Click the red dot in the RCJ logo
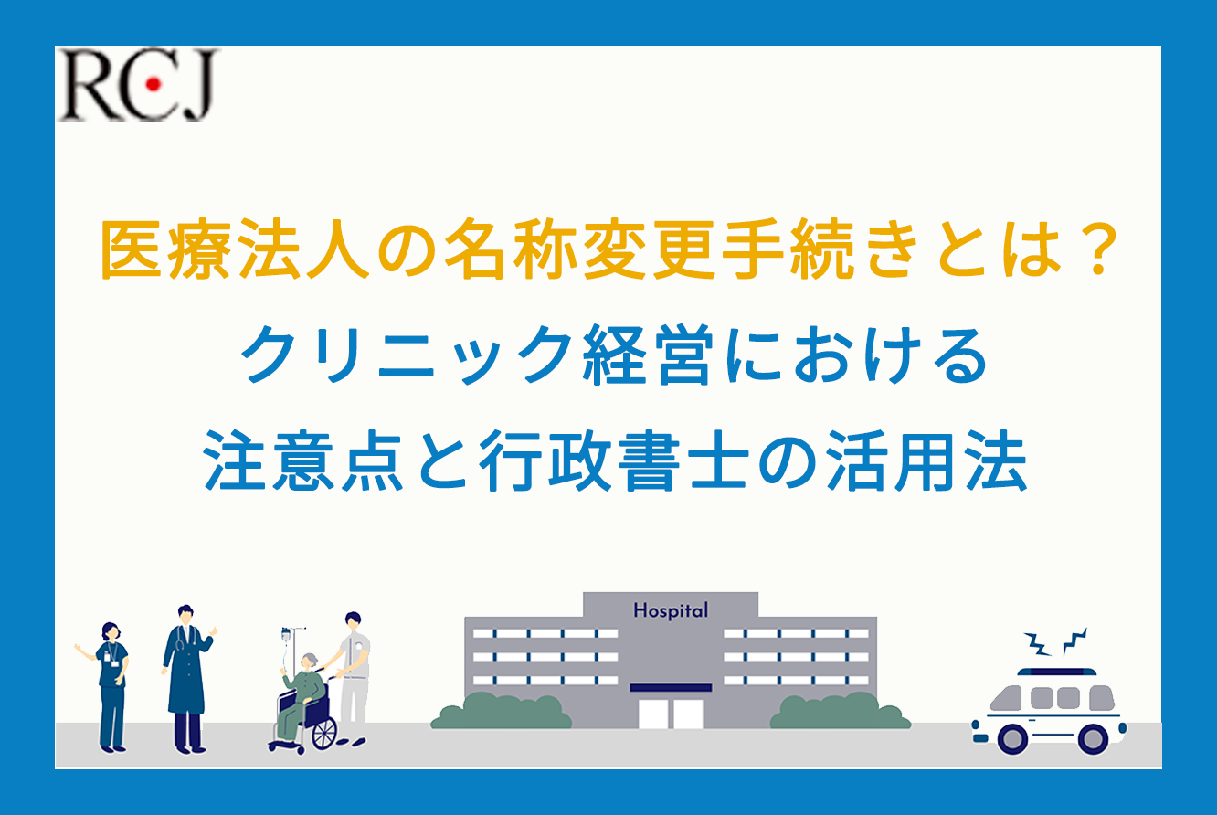pyautogui.click(x=153, y=84)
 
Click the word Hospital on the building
pyautogui.click(x=671, y=610)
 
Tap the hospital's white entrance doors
pyautogui.click(x=671, y=714)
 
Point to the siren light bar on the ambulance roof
pyautogui.click(x=1057, y=672)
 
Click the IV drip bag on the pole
pyautogui.click(x=286, y=635)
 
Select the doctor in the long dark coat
pyautogui.click(x=187, y=679)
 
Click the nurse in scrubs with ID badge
pyautogui.click(x=108, y=687)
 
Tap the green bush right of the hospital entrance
pyautogui.click(x=841, y=711)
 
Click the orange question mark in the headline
pyautogui.click(x=1098, y=250)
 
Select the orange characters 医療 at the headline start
pyautogui.click(x=166, y=249)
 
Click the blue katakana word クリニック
pyautogui.click(x=407, y=355)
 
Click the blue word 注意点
pyautogui.click(x=303, y=460)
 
